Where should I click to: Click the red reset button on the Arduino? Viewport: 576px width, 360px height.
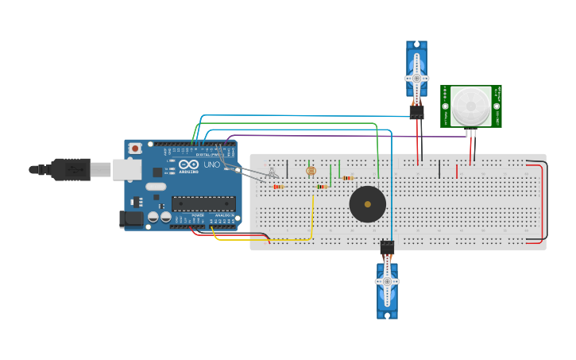[136, 148]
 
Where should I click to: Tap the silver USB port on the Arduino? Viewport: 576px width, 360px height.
[126, 168]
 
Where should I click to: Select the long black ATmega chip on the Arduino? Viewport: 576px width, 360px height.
[203, 204]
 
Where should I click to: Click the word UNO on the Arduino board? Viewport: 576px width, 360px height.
[212, 165]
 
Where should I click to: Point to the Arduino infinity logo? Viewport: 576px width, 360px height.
[188, 165]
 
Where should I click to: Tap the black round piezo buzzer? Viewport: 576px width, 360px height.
[367, 204]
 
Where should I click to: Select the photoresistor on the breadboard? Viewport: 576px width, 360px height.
[311, 171]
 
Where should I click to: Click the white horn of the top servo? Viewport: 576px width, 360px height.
[416, 72]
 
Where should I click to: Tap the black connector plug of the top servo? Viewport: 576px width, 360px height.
[417, 112]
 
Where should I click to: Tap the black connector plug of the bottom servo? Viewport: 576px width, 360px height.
[387, 247]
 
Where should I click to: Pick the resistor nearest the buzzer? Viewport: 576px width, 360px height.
[348, 178]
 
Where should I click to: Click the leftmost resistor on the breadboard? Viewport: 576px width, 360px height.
[278, 187]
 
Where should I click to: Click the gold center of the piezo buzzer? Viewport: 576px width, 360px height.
[367, 204]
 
